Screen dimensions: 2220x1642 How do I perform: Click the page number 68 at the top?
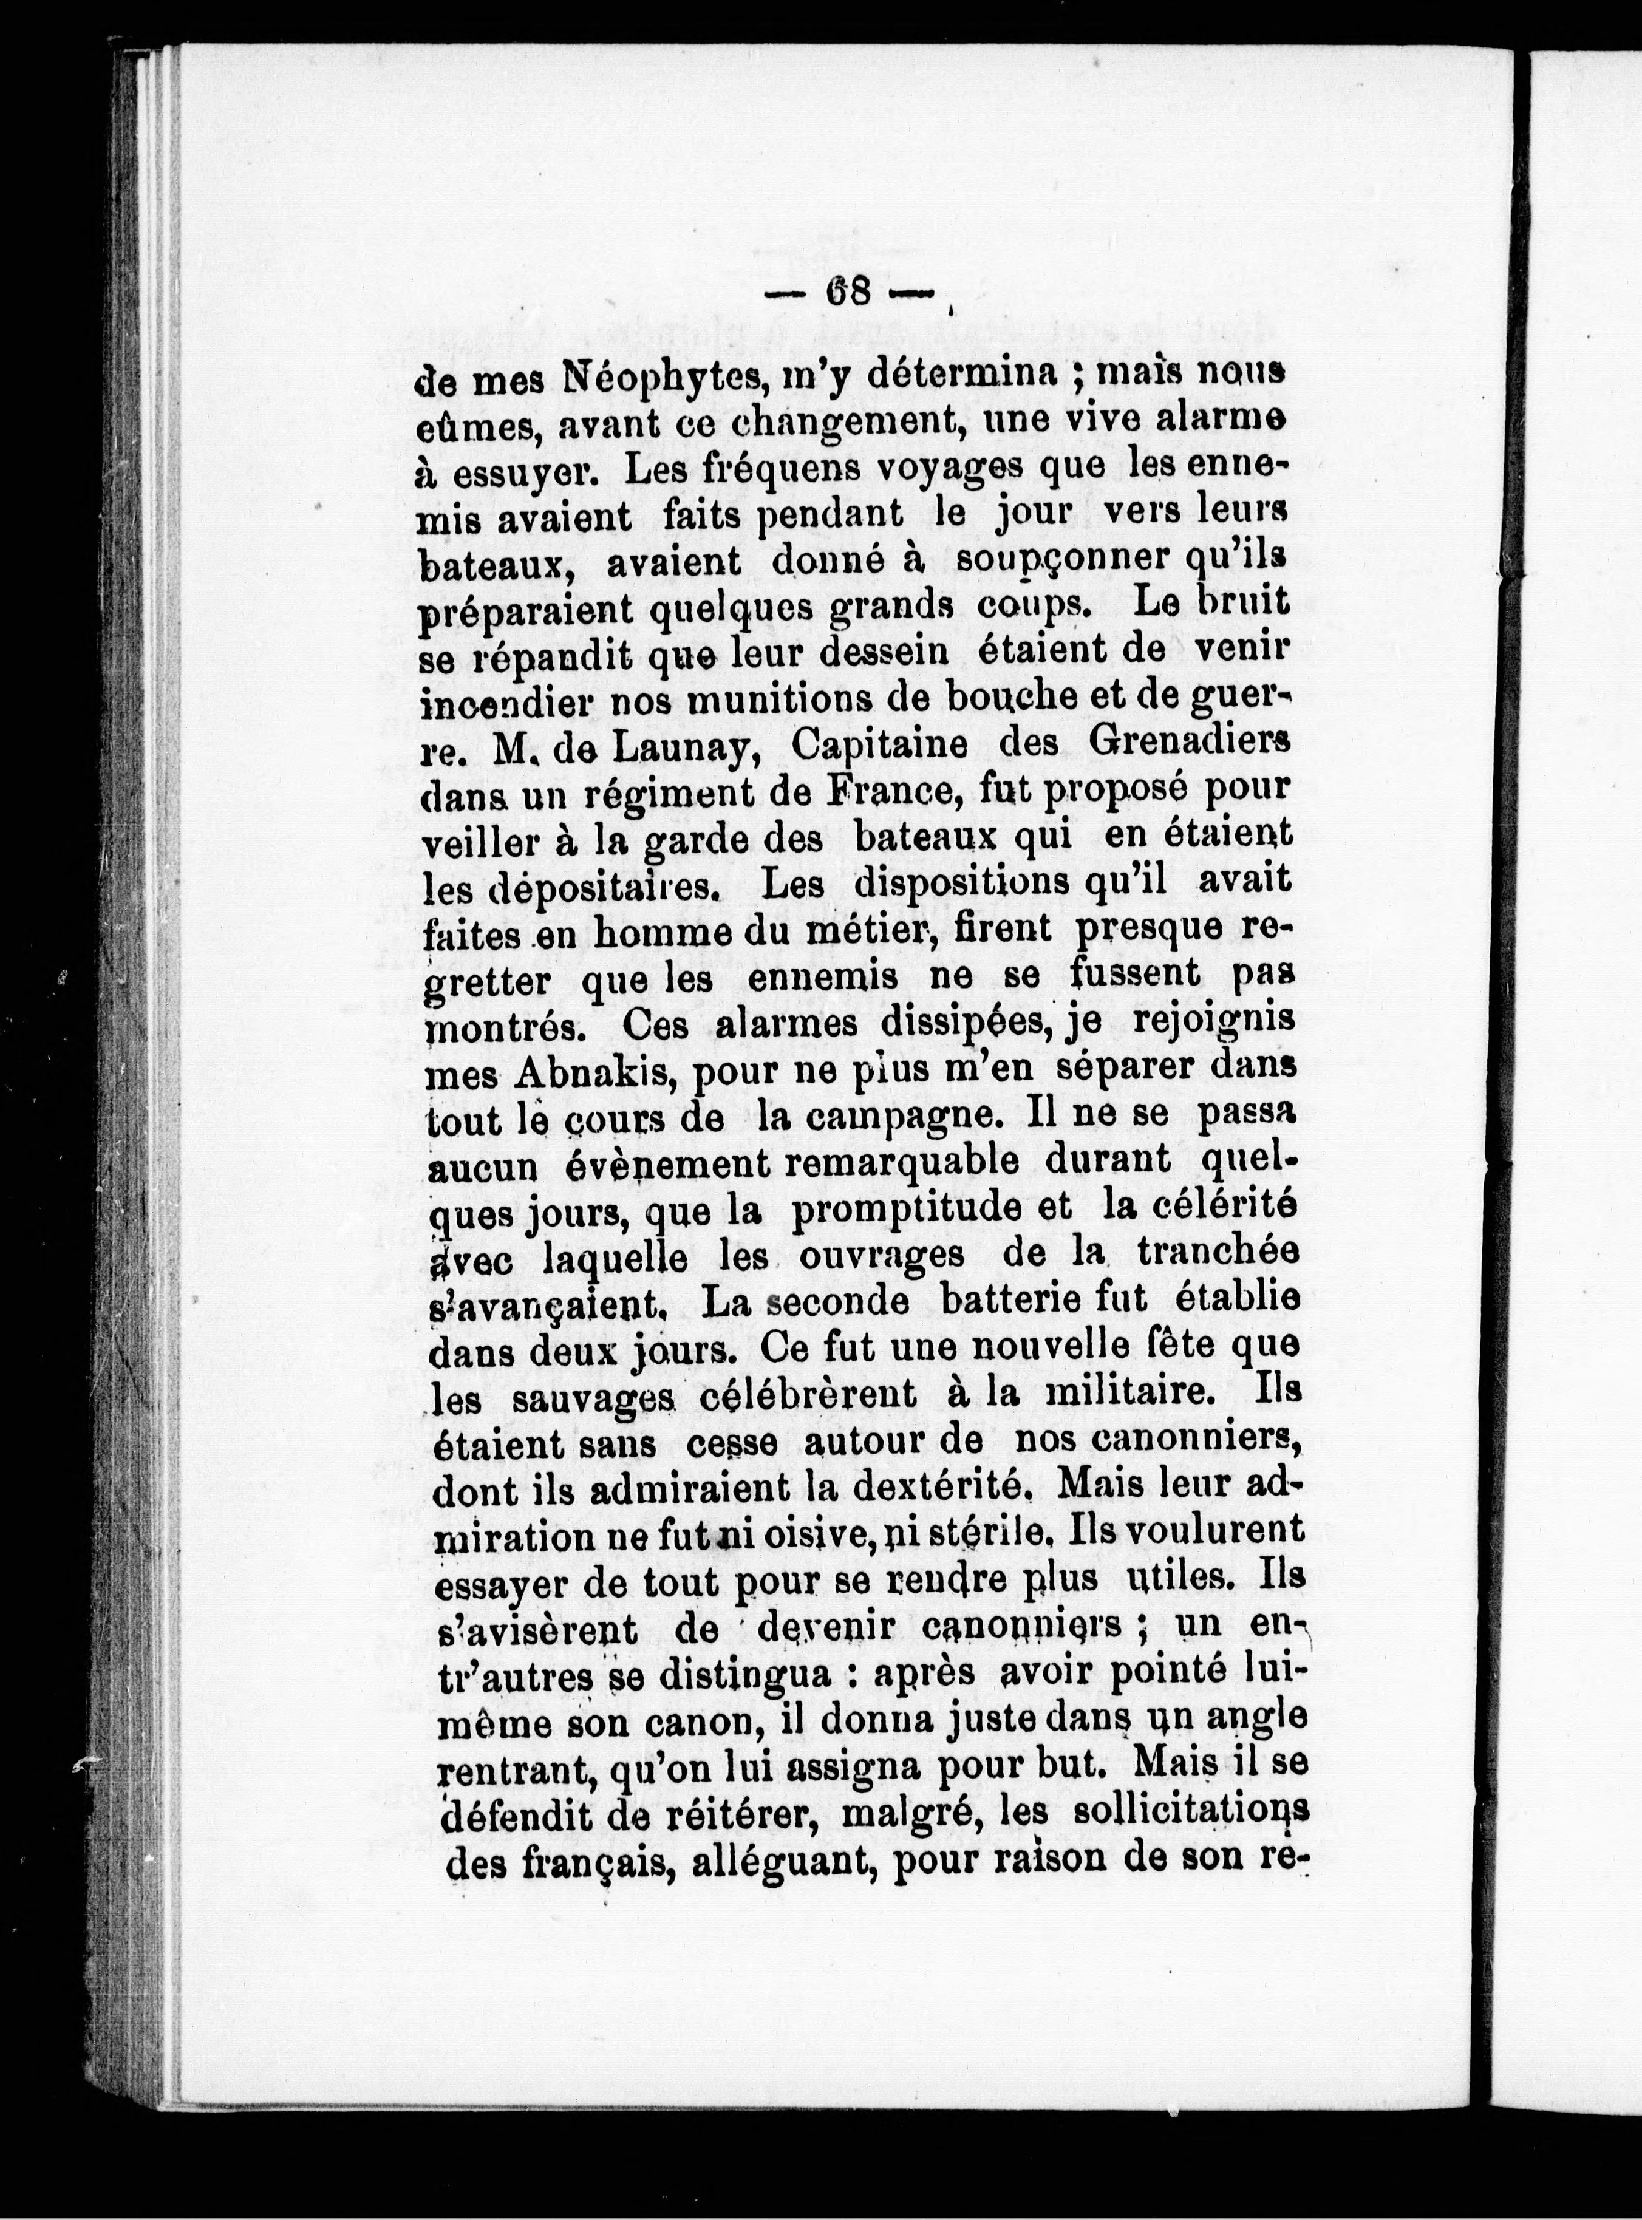tap(848, 292)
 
